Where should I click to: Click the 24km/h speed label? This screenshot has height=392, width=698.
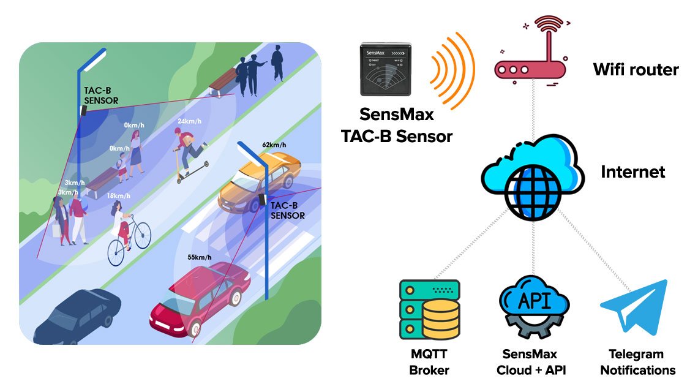[x=189, y=121]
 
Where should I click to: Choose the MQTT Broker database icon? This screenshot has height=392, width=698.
[x=429, y=309]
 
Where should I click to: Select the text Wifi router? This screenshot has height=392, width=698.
[x=636, y=70]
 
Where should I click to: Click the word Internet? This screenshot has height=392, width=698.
[x=632, y=171]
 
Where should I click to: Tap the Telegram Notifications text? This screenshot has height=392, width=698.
[x=637, y=362]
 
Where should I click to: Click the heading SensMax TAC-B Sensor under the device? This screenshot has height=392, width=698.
[x=396, y=125]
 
